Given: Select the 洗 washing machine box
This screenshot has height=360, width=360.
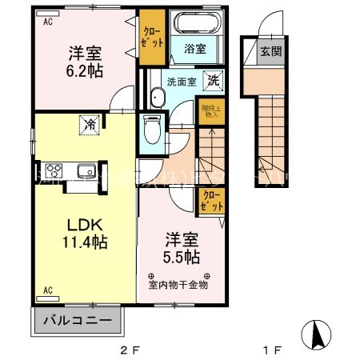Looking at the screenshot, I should pyautogui.click(x=214, y=80).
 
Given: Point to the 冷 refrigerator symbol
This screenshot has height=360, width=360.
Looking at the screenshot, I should pyautogui.click(x=89, y=125).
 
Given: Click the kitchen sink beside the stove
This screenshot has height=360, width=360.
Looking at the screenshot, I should pyautogui.click(x=84, y=170).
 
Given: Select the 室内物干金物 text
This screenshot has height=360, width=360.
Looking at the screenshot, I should pyautogui.click(x=178, y=283).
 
